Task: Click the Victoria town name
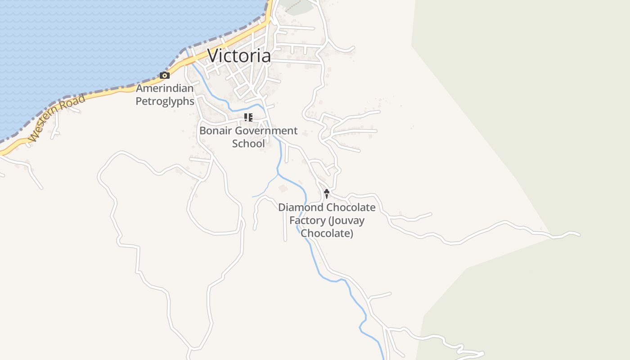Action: [x=239, y=56]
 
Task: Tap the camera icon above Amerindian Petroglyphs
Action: [x=165, y=76]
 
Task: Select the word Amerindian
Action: [x=165, y=88]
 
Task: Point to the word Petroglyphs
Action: [x=165, y=101]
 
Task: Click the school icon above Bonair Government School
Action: [x=248, y=117]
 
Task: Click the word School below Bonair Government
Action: [x=248, y=144]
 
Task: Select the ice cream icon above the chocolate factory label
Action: [x=327, y=194]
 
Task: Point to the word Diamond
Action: [x=301, y=207]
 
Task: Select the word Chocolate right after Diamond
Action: [x=351, y=207]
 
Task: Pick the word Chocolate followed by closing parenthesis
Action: [x=326, y=234]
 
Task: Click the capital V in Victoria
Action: [x=214, y=56]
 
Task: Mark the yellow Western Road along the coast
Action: [x=112, y=92]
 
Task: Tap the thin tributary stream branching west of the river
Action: [x=265, y=189]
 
